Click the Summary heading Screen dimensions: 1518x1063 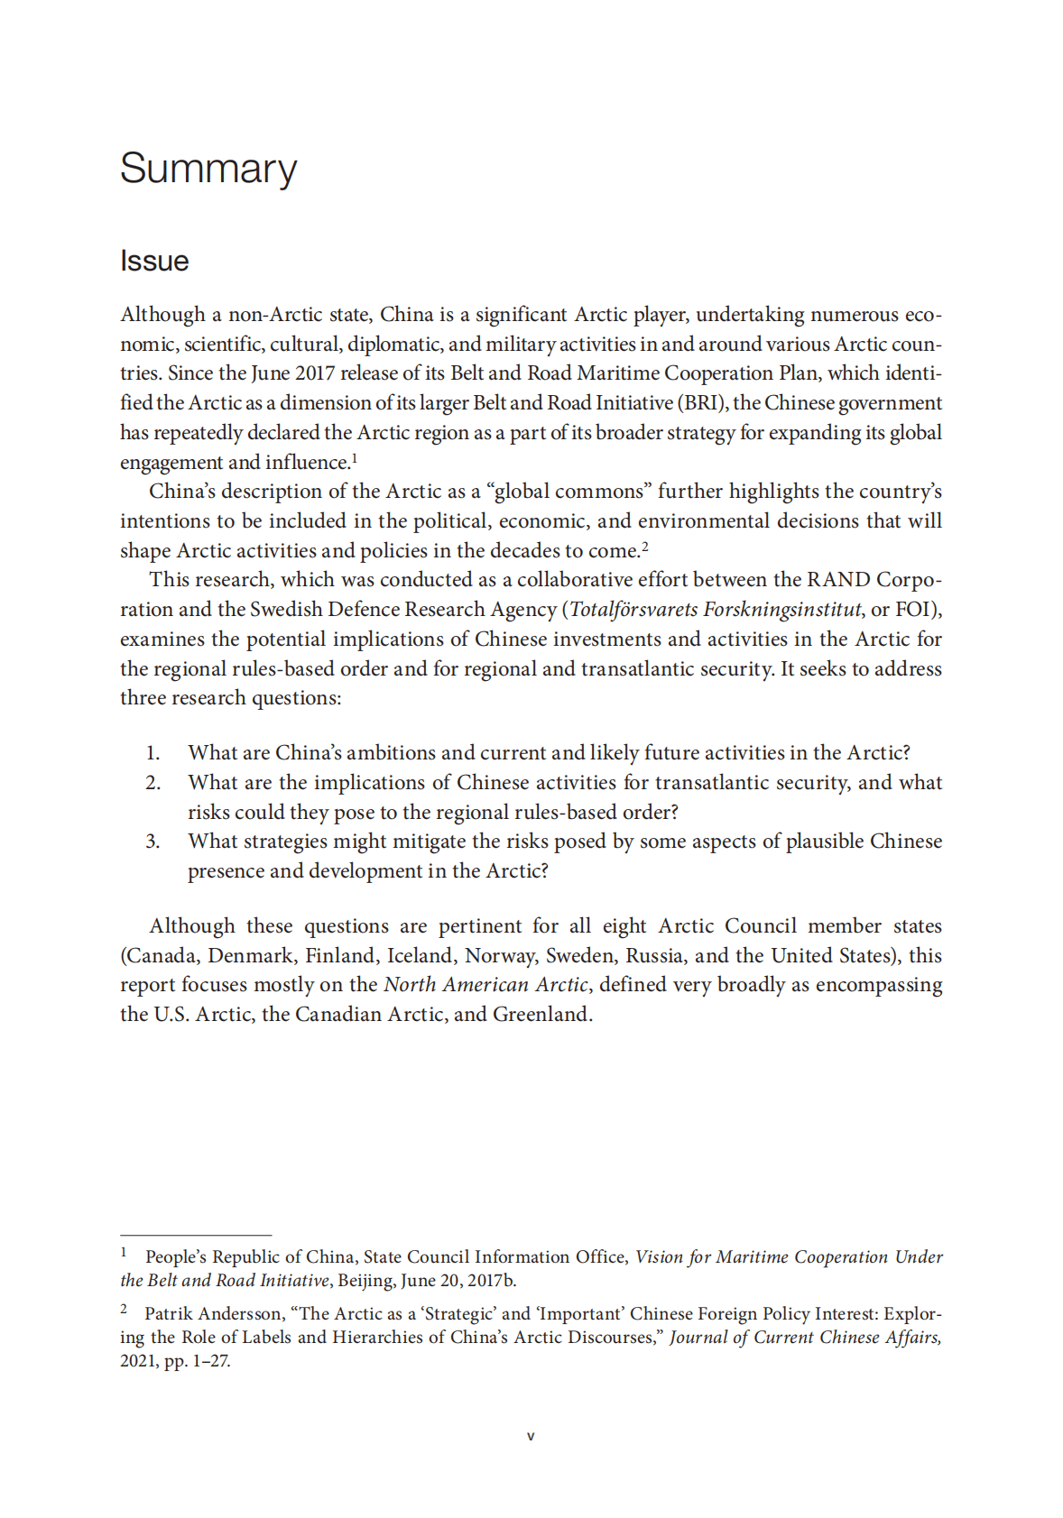point(208,169)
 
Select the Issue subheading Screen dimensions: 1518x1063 point(154,262)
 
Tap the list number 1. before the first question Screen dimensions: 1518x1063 point(153,753)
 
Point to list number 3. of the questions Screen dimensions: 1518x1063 point(153,842)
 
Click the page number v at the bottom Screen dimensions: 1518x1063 point(531,1436)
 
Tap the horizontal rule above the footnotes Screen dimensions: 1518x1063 point(196,1235)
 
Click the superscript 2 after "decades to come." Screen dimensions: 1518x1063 point(645,547)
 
